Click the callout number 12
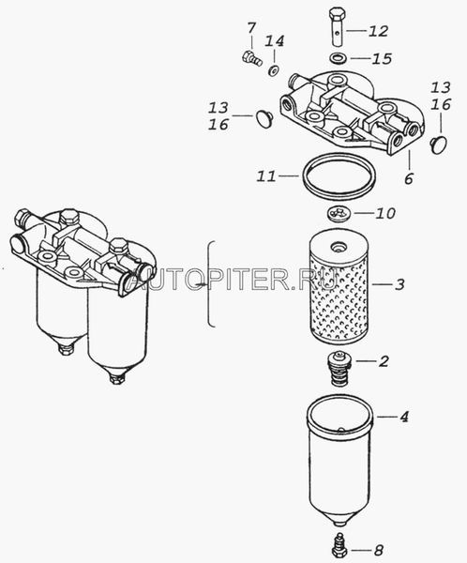coord(378,31)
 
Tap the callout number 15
coord(382,58)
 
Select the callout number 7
coord(251,27)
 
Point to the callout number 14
coord(275,41)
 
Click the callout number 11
coord(266,176)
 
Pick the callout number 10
coord(385,213)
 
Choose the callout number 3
coord(399,284)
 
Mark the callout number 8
coord(378,550)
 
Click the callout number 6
coord(409,178)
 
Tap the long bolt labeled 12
coord(337,26)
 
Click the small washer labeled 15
coord(337,58)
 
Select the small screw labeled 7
coord(251,59)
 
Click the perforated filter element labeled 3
coord(339,287)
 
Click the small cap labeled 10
coord(339,214)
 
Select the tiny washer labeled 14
coord(274,70)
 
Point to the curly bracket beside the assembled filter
coord(210,284)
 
